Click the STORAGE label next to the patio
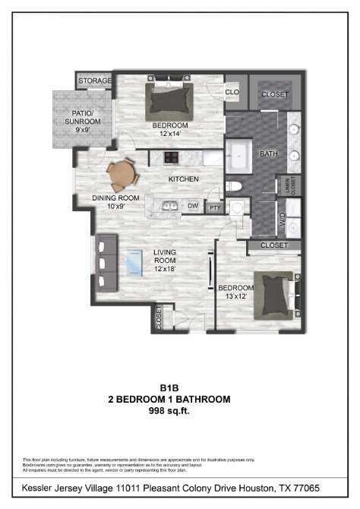pyautogui.click(x=95, y=80)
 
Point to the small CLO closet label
pyautogui.click(x=232, y=93)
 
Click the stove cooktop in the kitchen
pyautogui.click(x=171, y=158)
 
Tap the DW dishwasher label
pyautogui.click(x=193, y=206)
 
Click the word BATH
pyautogui.click(x=269, y=154)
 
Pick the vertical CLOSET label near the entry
pyautogui.click(x=159, y=318)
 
